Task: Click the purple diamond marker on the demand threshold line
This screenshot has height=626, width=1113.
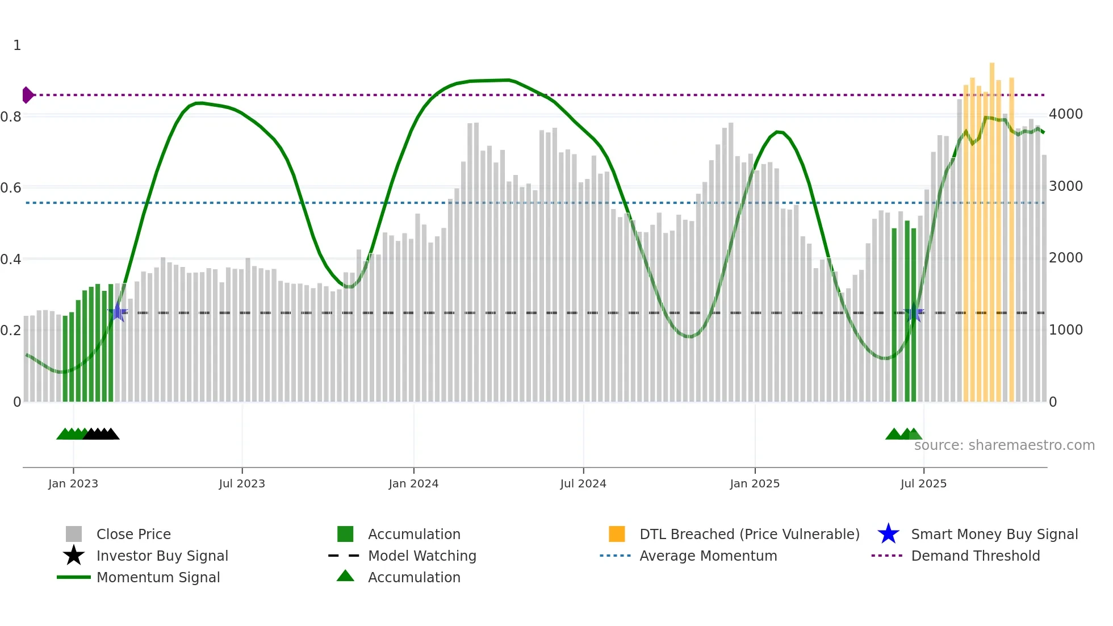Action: tap(27, 95)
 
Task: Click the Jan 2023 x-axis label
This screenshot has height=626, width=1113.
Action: tap(73, 483)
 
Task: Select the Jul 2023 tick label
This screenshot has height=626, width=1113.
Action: tap(242, 483)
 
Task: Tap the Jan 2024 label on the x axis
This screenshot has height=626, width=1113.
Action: tap(413, 483)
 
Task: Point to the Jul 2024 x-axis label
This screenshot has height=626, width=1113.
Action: tap(583, 483)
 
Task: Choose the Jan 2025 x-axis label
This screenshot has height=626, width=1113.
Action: tap(755, 483)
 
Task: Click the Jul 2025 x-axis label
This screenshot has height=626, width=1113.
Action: tap(923, 483)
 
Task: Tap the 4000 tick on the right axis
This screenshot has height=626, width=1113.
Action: tap(1065, 114)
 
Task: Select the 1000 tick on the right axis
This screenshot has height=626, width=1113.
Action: tap(1065, 330)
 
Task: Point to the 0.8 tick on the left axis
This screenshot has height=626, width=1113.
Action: tap(11, 117)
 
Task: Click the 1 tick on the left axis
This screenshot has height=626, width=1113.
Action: tap(17, 45)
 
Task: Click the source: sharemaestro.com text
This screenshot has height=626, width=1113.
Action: tap(1004, 445)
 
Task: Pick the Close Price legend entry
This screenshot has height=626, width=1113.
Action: tap(133, 534)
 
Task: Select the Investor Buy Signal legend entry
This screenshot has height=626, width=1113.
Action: tap(162, 556)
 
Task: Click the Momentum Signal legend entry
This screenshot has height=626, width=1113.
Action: tap(158, 577)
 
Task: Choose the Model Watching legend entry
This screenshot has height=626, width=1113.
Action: tap(422, 556)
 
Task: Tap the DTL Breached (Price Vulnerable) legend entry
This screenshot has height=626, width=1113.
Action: tap(749, 534)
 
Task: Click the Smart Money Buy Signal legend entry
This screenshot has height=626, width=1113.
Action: tap(994, 534)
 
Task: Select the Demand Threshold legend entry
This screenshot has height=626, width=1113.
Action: tap(975, 556)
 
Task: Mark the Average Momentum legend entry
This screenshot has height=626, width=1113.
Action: tap(708, 556)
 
